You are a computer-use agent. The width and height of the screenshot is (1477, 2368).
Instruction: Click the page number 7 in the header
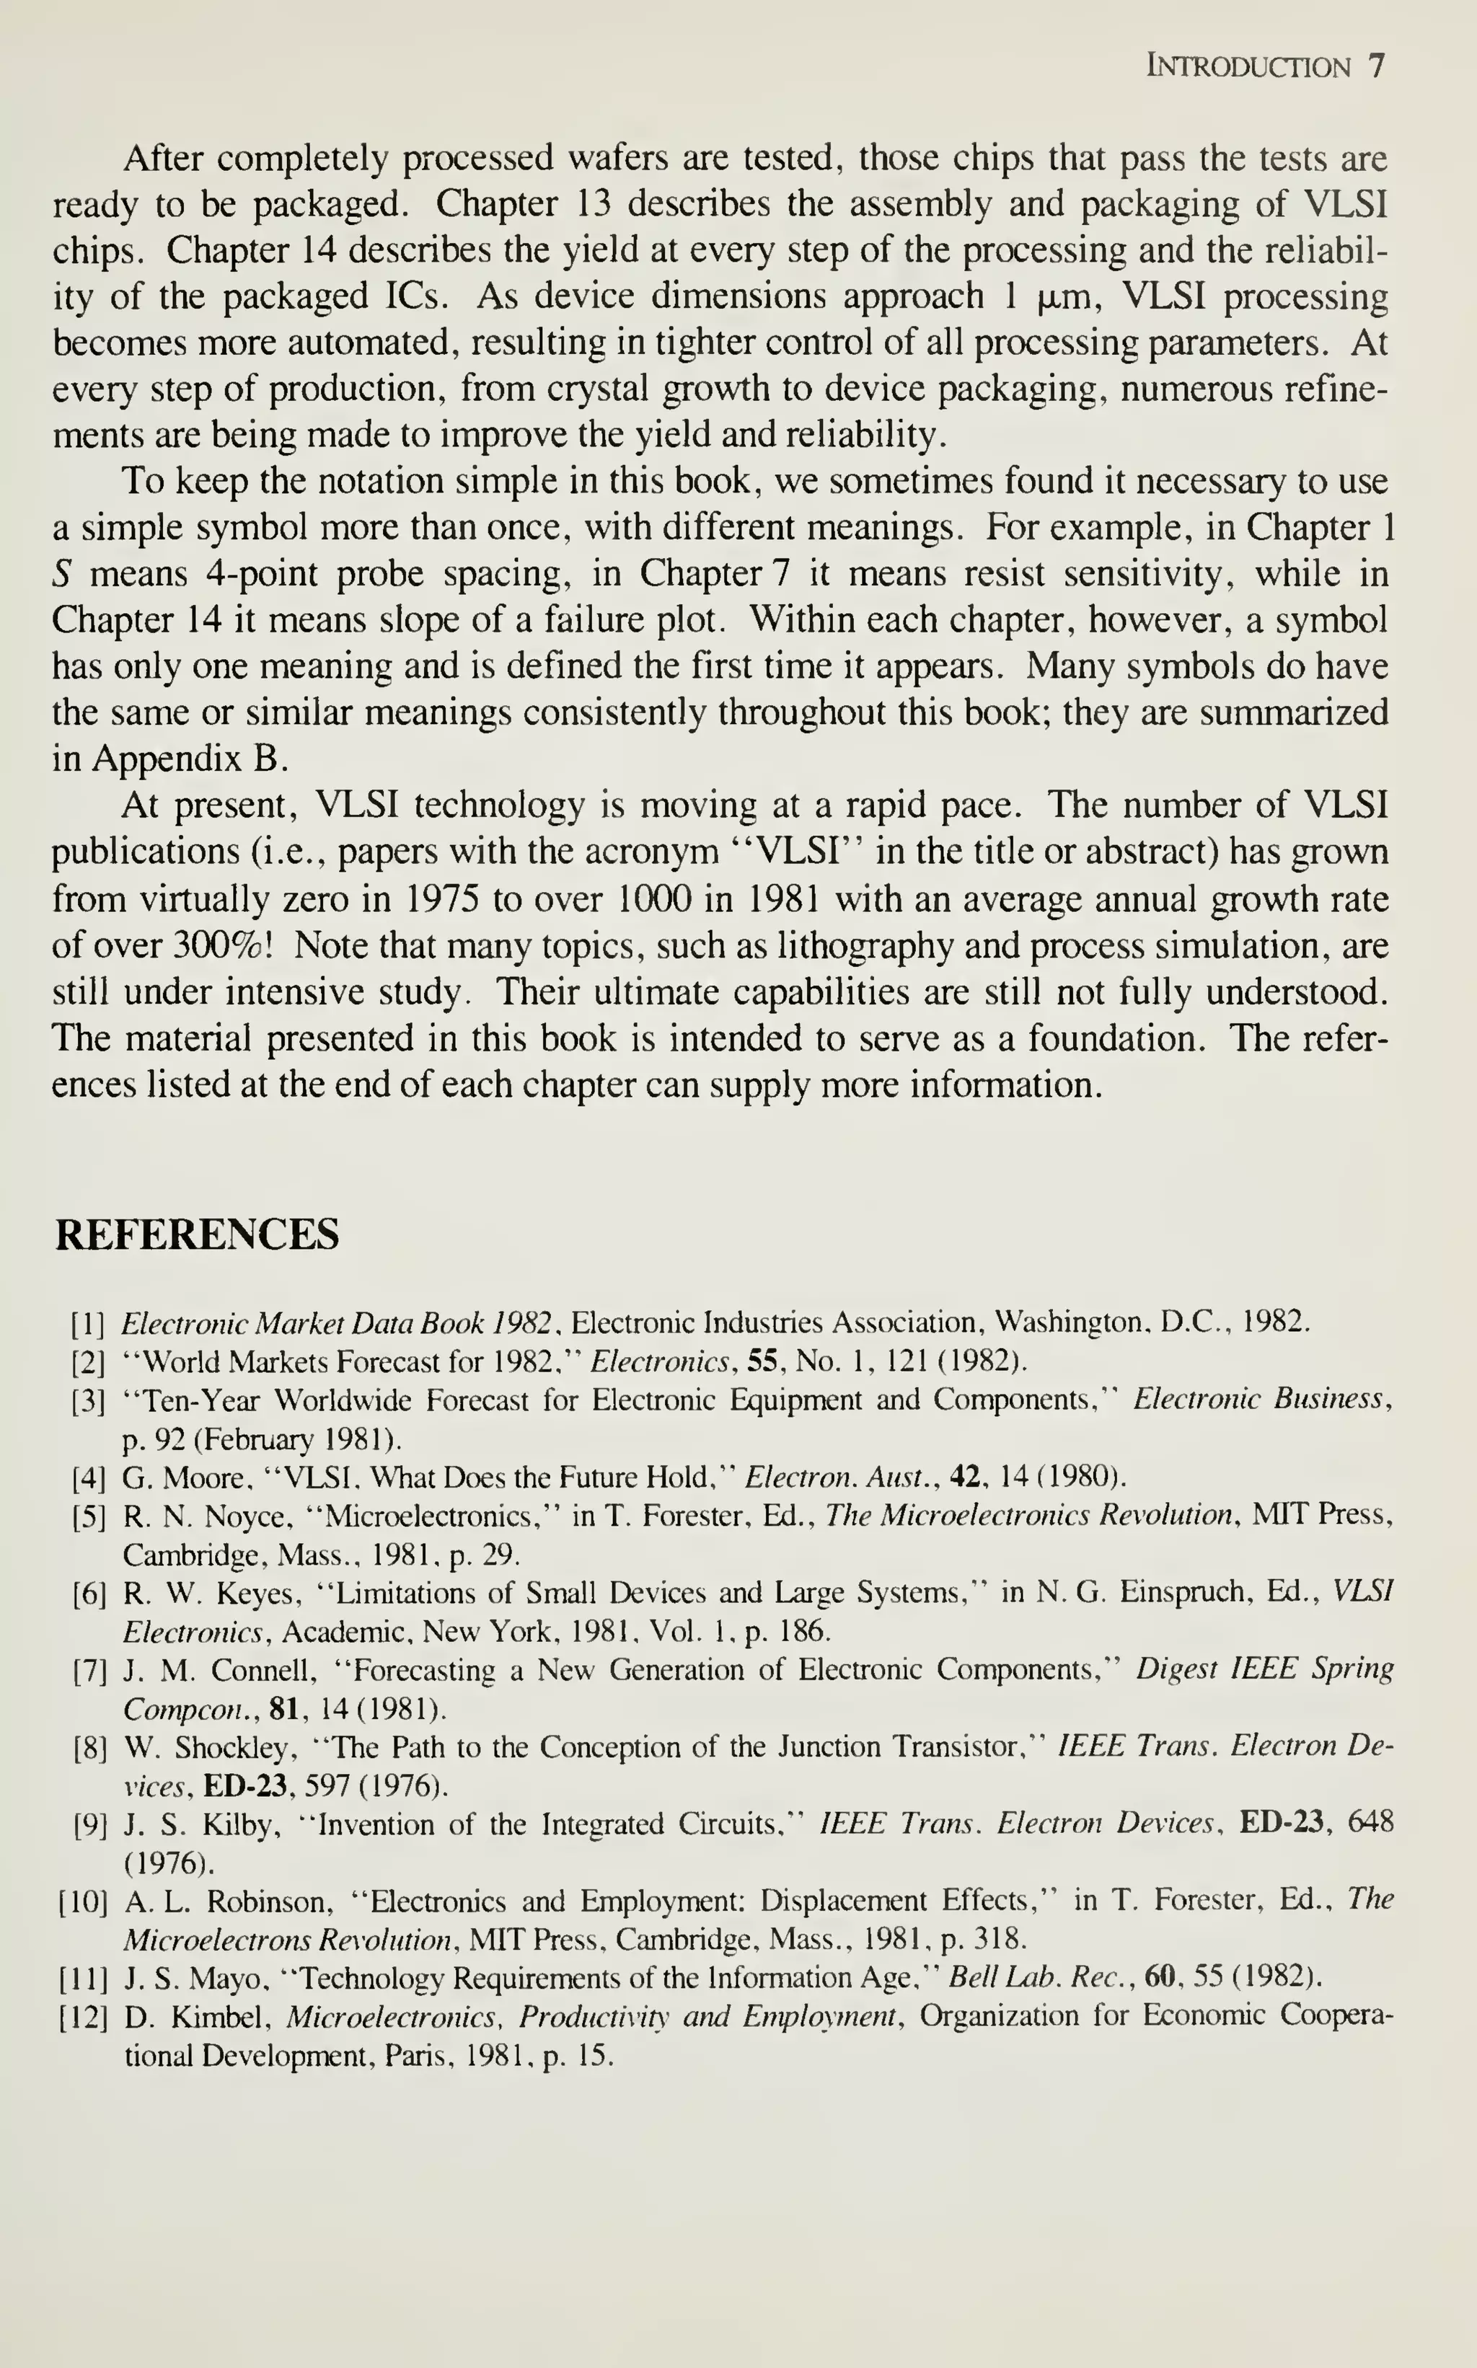point(1375,66)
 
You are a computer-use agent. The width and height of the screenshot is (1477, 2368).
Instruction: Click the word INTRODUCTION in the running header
point(1248,67)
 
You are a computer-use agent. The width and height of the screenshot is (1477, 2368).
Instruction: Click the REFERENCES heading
point(198,1234)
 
